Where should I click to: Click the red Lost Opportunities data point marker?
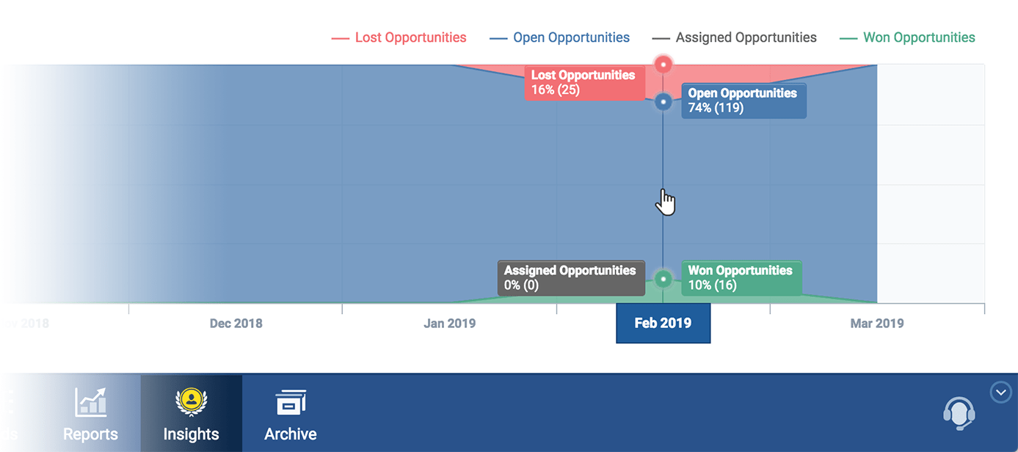663,65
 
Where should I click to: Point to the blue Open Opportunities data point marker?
663,102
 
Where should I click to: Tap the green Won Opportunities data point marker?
663,279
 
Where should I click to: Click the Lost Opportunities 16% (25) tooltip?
583,82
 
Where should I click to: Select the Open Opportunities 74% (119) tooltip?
743,101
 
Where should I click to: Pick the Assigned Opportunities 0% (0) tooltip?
570,278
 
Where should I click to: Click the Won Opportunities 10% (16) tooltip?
741,278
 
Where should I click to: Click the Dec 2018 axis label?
236,324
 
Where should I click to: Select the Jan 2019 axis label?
449,324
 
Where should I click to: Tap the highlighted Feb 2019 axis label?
663,324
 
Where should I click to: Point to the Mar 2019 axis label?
877,324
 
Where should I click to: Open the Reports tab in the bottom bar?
90,415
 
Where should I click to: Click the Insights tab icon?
191,401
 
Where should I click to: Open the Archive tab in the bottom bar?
291,415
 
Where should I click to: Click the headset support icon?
959,412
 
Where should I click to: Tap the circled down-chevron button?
1000,393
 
